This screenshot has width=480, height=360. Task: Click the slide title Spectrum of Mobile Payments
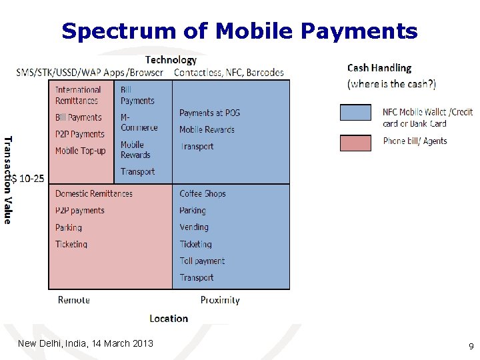click(x=239, y=31)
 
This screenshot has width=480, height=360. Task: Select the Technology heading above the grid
click(x=171, y=60)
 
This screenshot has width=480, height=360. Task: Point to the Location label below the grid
click(x=169, y=318)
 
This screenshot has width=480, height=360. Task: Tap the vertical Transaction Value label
click(x=8, y=180)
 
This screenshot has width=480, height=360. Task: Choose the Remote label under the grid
click(x=74, y=300)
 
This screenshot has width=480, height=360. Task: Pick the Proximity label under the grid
click(x=220, y=300)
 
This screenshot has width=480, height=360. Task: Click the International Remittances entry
click(x=77, y=95)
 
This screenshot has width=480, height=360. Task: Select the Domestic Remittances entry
click(x=93, y=193)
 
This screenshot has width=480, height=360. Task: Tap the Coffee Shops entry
click(x=203, y=193)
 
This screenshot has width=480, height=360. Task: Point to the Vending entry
click(x=194, y=227)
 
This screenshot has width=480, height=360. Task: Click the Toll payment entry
click(x=202, y=261)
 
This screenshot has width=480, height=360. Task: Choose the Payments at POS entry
click(x=209, y=113)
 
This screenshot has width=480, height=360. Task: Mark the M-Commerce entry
click(x=139, y=122)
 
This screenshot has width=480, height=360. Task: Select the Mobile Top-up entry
click(x=80, y=151)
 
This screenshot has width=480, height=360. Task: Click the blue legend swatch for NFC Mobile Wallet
click(x=355, y=112)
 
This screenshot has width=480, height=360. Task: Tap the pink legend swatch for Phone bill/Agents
click(x=355, y=142)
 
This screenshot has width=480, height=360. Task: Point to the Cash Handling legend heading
click(x=379, y=68)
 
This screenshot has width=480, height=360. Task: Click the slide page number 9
click(x=471, y=346)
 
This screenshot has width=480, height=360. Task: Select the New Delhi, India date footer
click(x=85, y=343)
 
